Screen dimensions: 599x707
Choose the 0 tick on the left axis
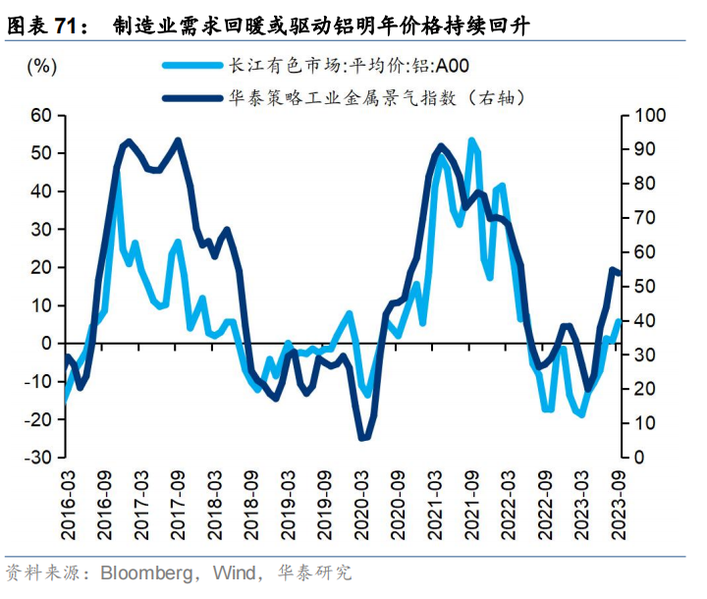click(x=45, y=344)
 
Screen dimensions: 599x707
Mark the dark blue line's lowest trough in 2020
click(x=363, y=437)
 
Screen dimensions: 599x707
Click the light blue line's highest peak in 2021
click(x=472, y=140)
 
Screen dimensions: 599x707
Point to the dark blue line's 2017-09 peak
click(x=178, y=139)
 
